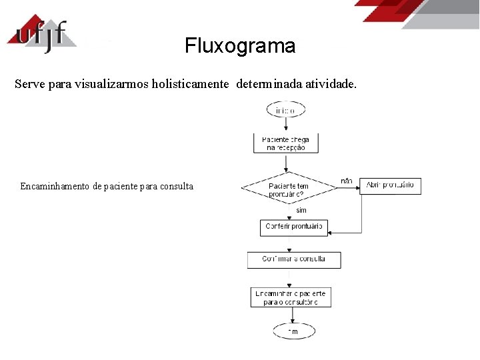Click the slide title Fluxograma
click(x=240, y=46)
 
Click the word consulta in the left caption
click(x=177, y=186)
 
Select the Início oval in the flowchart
click(x=286, y=109)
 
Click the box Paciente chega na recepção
click(x=286, y=143)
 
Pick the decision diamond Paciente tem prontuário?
click(x=289, y=189)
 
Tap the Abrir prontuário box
click(x=390, y=185)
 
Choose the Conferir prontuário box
click(x=293, y=227)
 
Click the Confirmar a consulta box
click(x=293, y=259)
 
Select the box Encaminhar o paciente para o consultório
click(x=290, y=297)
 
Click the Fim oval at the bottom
click(x=293, y=331)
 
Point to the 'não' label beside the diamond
click(x=346, y=181)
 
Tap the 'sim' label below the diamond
click(x=301, y=210)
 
